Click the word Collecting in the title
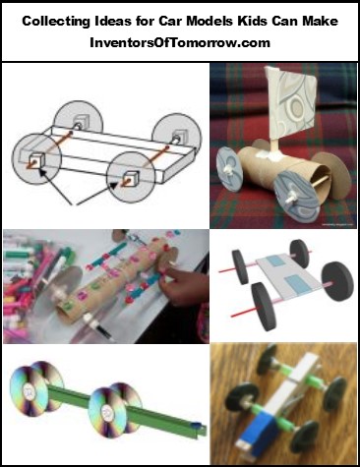coord(56,22)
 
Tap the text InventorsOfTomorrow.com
coord(180,42)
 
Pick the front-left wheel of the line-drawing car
coord(36,158)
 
